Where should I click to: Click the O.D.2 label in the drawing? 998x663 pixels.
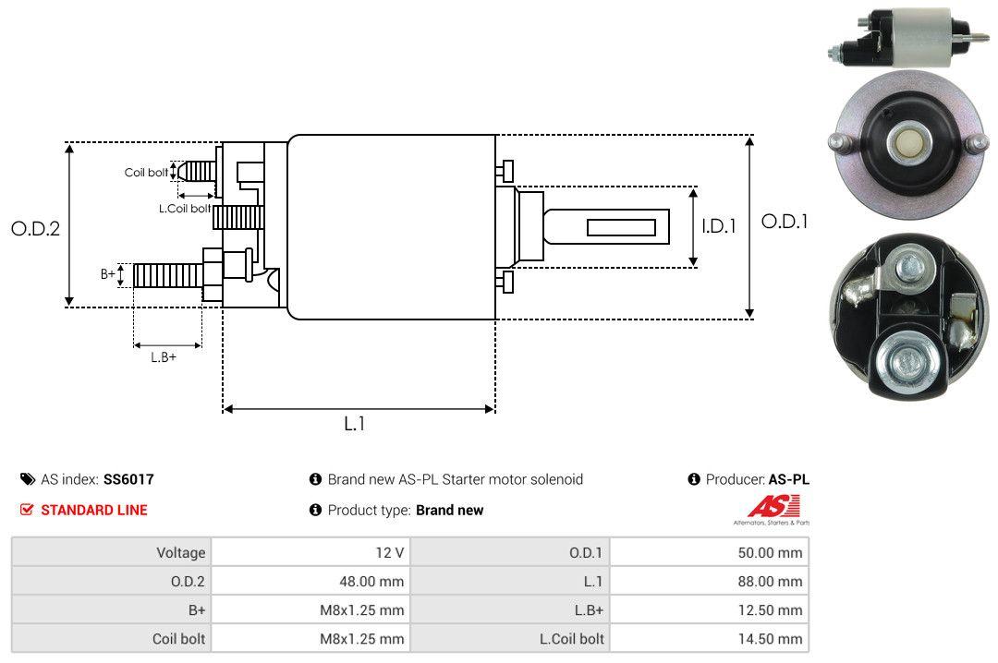[35, 228]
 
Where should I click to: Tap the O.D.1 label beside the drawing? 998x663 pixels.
[785, 222]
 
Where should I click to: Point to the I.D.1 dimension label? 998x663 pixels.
[718, 225]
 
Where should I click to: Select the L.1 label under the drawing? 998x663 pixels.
[355, 424]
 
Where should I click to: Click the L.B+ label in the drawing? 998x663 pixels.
[164, 357]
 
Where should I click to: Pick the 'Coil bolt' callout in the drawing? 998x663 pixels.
[146, 173]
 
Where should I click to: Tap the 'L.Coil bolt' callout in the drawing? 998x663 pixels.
[185, 209]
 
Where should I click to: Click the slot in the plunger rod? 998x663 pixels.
[621, 227]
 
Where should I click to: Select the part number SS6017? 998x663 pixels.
[128, 479]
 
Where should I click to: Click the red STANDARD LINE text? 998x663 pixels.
[93, 510]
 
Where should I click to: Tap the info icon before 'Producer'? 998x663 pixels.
[694, 479]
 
